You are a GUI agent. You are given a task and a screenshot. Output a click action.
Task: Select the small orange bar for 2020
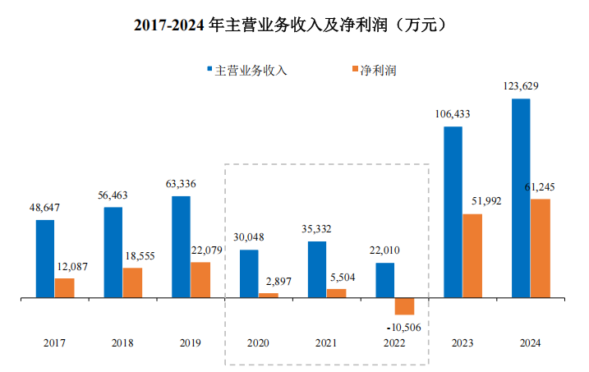(269, 295)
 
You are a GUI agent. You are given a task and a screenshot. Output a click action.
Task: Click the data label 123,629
(520, 86)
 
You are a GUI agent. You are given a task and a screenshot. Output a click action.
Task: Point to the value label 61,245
(542, 187)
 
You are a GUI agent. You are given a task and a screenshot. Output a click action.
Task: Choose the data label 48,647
(45, 208)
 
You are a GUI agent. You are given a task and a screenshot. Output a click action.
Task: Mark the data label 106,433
(453, 115)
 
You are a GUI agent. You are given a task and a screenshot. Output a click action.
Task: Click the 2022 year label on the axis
(394, 343)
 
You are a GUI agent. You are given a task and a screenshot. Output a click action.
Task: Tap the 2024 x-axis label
(530, 343)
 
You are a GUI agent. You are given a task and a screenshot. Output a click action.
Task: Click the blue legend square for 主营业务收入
(209, 70)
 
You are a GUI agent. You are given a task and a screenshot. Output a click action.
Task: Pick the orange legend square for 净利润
(355, 70)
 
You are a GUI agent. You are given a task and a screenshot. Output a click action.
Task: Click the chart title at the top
(294, 25)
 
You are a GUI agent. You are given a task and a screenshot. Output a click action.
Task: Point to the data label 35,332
(317, 229)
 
